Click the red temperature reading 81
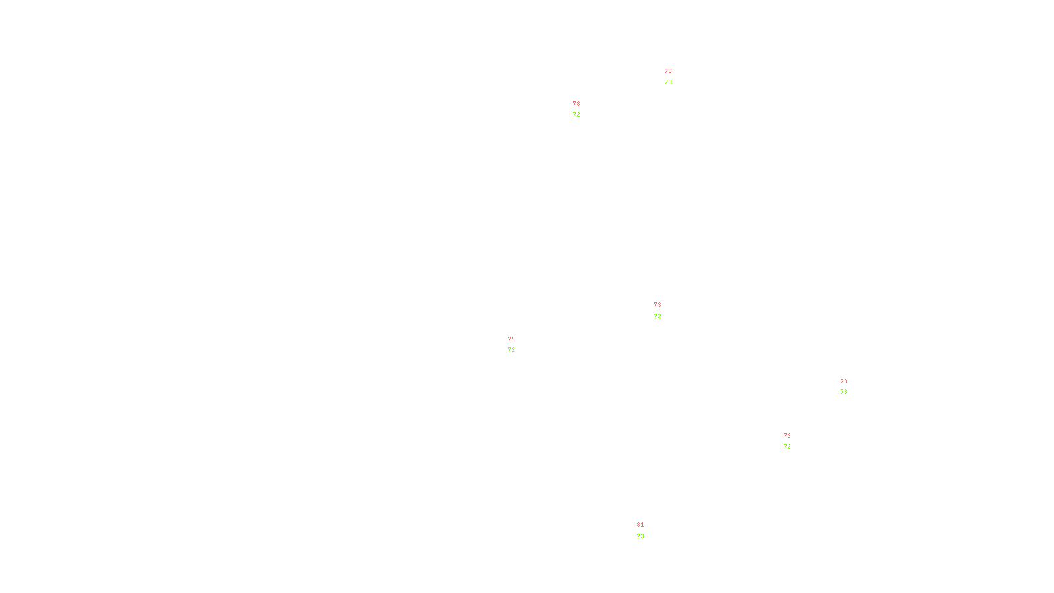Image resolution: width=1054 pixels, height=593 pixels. point(640,525)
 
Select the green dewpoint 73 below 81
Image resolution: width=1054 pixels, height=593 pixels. point(640,536)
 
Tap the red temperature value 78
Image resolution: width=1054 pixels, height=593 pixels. point(576,104)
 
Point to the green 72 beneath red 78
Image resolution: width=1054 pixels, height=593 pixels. point(576,115)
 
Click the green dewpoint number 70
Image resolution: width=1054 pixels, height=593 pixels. point(668,82)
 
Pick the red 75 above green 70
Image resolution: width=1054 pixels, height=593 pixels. point(668,71)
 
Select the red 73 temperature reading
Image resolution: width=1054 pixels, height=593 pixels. point(657,305)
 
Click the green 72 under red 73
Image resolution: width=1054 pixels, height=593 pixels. point(657,316)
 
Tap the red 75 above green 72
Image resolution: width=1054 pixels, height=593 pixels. point(511,339)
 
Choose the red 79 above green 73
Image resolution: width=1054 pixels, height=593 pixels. point(843,381)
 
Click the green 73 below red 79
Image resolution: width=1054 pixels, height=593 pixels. point(843,392)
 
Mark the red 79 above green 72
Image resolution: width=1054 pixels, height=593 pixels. point(787,436)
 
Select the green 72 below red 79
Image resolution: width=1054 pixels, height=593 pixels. point(787,447)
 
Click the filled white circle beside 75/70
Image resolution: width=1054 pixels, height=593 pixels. point(674,77)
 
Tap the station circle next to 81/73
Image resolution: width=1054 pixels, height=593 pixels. point(646,531)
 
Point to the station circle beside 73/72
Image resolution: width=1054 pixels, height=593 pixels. point(664,310)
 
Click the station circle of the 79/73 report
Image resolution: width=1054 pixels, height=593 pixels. point(850,387)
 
